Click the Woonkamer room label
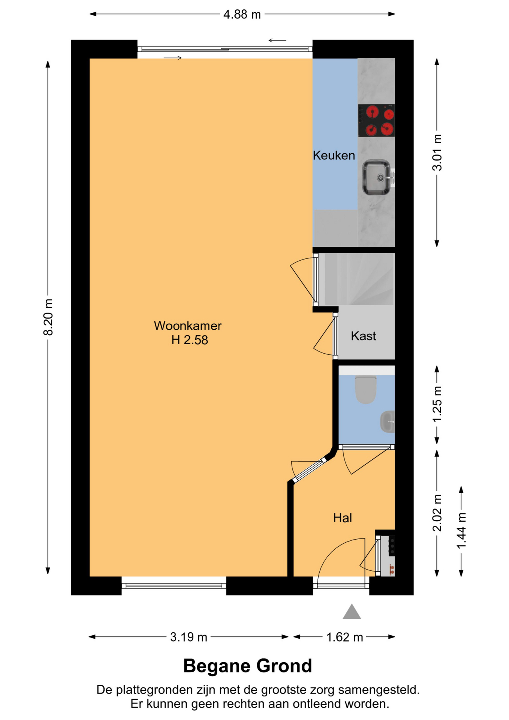187,325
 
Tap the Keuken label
334,155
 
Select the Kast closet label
363,336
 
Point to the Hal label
343,517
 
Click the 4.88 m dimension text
242,14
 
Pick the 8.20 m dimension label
48,317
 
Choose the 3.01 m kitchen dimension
437,153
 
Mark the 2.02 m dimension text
437,513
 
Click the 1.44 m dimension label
461,531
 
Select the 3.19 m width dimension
189,637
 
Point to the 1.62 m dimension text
345,637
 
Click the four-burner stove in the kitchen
376,120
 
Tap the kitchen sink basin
376,177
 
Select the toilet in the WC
366,390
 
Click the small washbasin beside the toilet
388,421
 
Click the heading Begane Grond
247,666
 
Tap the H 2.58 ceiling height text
190,340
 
